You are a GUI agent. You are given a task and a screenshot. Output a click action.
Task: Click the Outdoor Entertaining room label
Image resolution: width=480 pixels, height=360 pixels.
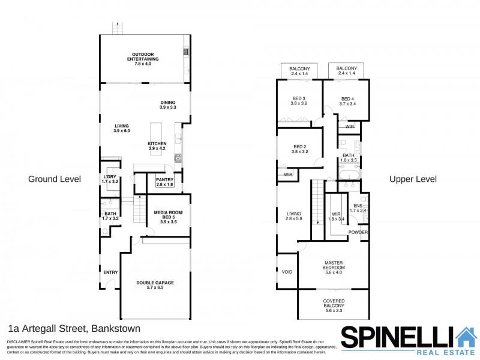pos(143,59)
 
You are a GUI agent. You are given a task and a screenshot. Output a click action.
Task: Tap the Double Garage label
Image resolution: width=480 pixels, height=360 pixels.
pos(155,285)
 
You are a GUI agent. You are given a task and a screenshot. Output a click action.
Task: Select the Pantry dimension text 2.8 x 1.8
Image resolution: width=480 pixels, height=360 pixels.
pos(164,185)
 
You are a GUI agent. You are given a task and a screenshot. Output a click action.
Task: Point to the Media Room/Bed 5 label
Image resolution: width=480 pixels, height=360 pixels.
pos(169,217)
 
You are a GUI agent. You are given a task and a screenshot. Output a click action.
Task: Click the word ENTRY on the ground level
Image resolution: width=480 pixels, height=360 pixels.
pos(110,272)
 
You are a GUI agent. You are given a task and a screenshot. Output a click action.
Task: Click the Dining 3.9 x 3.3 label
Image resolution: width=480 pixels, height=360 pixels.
pos(168,104)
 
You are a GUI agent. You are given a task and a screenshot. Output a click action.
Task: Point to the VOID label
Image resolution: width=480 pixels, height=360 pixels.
pos(287,272)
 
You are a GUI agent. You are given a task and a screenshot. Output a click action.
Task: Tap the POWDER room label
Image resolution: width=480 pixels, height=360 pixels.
pos(358,232)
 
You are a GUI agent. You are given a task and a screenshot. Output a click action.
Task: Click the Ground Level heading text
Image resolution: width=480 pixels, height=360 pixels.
pos(55,179)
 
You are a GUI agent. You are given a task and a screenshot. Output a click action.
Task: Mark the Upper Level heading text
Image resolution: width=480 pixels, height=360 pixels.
pos(413,179)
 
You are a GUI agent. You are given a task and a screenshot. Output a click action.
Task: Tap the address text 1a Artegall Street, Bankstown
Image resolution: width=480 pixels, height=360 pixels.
pos(74,328)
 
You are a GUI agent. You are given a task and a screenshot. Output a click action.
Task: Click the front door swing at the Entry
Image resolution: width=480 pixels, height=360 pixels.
pos(110,284)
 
